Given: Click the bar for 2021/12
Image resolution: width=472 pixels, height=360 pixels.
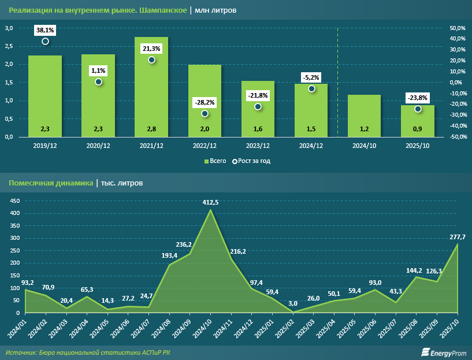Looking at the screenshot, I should click(x=151, y=87).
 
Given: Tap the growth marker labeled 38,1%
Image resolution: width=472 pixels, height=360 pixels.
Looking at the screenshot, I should click(x=45, y=41).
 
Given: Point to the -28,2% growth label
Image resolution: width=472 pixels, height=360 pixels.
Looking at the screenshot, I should click(x=205, y=102).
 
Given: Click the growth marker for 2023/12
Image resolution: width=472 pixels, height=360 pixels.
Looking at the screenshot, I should click(x=258, y=106).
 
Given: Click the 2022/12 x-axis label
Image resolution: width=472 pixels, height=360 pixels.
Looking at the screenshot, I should click(x=205, y=146).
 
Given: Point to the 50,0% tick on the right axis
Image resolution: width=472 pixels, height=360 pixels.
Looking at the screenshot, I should click(x=458, y=28).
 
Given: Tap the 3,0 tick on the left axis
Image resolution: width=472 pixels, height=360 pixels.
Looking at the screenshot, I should click(x=9, y=28).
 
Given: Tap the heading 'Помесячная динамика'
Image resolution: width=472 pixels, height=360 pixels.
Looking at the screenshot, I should click(x=51, y=183).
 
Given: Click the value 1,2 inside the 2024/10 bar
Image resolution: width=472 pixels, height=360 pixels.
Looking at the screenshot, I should click(x=365, y=129).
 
